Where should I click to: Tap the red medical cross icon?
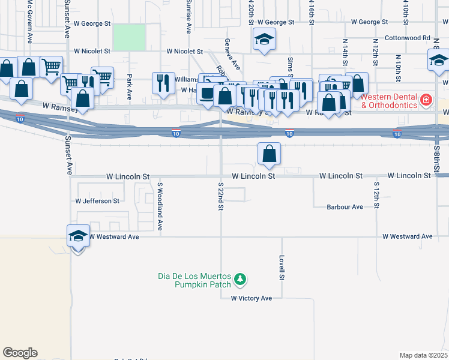click(x=426, y=99)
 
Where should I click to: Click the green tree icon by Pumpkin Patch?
click(x=240, y=280)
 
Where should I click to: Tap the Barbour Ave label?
click(x=345, y=207)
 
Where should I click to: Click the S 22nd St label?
click(x=221, y=197)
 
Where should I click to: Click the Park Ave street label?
click(x=130, y=86)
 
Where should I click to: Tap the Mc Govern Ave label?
click(x=29, y=22)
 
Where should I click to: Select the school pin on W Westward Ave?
click(x=79, y=236)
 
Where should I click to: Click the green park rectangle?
click(x=129, y=37)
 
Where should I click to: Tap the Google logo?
click(x=20, y=353)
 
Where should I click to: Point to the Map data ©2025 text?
click(x=423, y=355)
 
